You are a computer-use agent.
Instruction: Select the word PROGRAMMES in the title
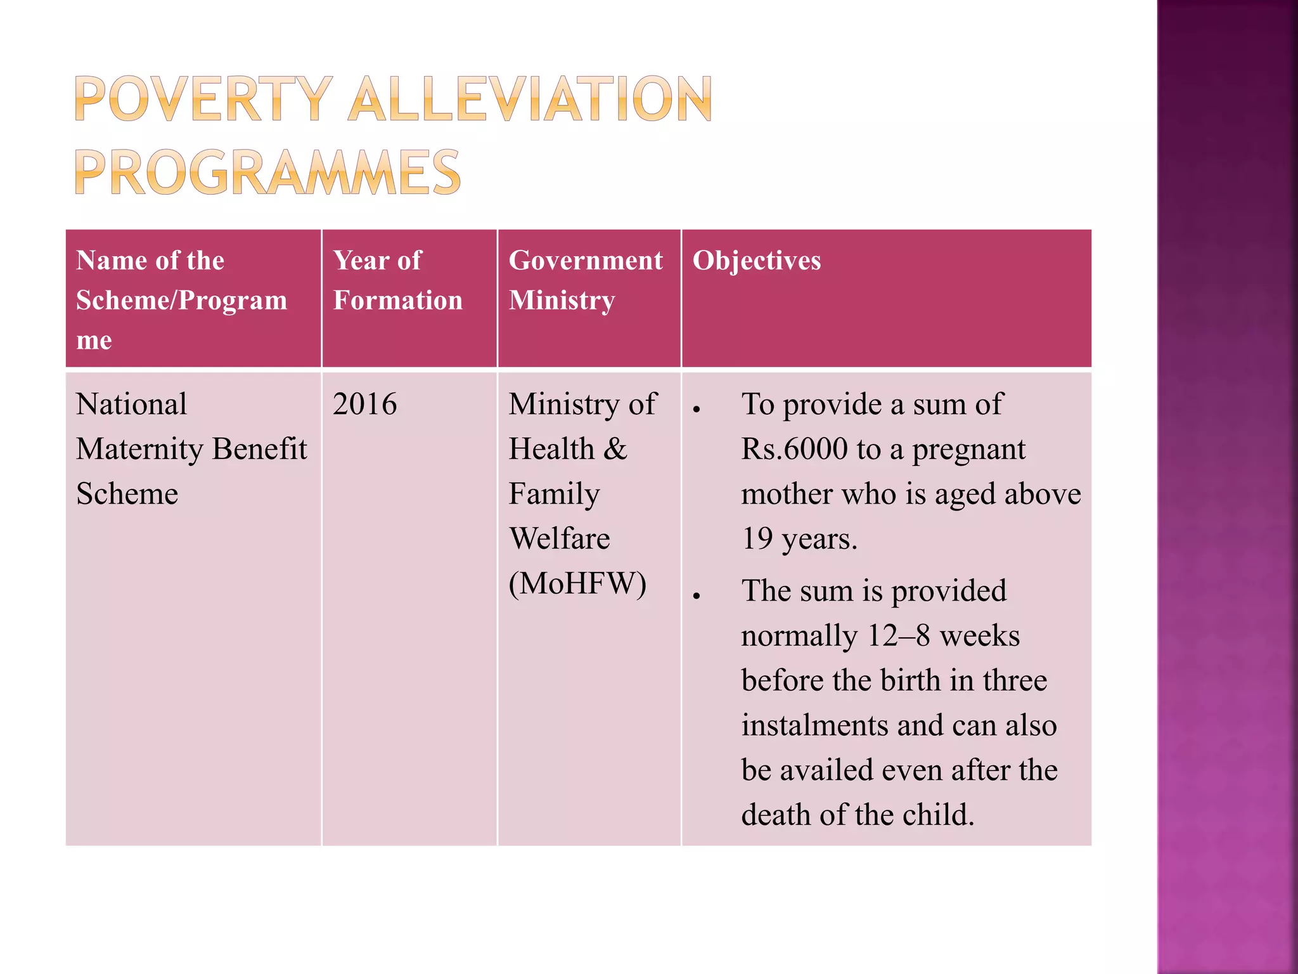click(267, 172)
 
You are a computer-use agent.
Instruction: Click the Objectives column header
click(756, 261)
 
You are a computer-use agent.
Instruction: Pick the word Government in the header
click(585, 261)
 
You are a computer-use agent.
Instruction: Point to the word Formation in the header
click(398, 300)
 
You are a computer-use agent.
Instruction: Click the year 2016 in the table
click(364, 404)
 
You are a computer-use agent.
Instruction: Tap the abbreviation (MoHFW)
click(577, 583)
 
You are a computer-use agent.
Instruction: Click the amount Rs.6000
click(794, 449)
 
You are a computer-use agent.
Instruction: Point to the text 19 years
click(799, 539)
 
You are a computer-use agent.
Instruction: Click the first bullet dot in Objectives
click(697, 410)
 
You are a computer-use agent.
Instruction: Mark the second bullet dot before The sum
click(697, 596)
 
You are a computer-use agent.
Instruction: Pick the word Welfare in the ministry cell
click(559, 538)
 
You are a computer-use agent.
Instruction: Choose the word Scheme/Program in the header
click(181, 301)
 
